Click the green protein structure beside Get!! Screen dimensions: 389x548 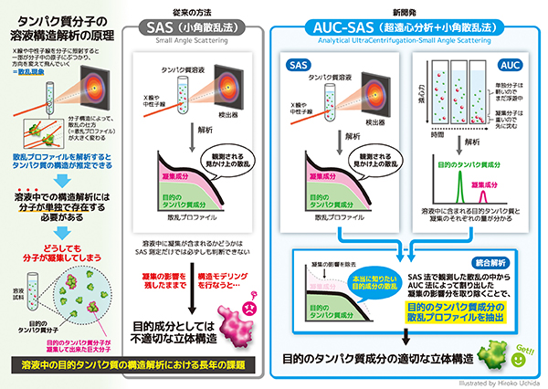tap(498, 352)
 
